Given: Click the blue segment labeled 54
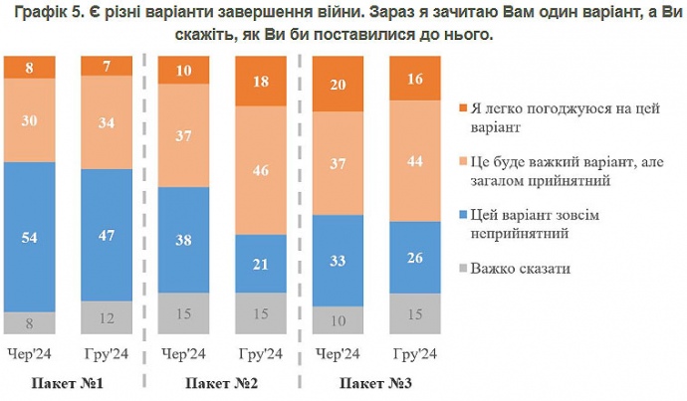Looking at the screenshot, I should [x=30, y=237].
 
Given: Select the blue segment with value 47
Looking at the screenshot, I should [x=108, y=236].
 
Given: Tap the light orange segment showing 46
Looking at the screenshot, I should [x=262, y=171].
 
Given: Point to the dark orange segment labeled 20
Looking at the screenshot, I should [x=340, y=85].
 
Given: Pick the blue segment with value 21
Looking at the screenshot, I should [x=262, y=264].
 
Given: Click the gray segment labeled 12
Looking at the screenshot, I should [x=108, y=317].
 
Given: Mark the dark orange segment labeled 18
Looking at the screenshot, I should [x=262, y=82].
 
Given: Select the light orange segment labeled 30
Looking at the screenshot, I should [x=30, y=119].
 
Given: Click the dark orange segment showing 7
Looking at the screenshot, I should [x=108, y=66].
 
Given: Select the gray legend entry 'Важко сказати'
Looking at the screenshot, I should [x=522, y=269].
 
